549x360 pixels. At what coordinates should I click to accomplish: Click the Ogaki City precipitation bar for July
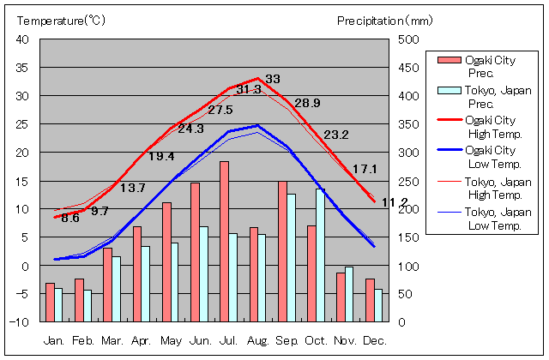pos(224,241)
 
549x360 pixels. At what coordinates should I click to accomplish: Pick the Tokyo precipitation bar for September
pos(292,257)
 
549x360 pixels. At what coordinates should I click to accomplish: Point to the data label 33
pos(273,79)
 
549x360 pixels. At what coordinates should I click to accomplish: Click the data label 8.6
pos(69,219)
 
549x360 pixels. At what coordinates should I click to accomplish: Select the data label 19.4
pos(161,156)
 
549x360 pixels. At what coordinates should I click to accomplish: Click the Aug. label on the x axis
pos(258,341)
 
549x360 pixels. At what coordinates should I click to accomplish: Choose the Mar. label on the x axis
pos(112,341)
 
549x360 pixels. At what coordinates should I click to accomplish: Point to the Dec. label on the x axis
pos(375,341)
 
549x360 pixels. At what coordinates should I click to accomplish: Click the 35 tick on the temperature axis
pos(23,67)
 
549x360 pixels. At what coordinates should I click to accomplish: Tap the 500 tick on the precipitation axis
pos(409,39)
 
